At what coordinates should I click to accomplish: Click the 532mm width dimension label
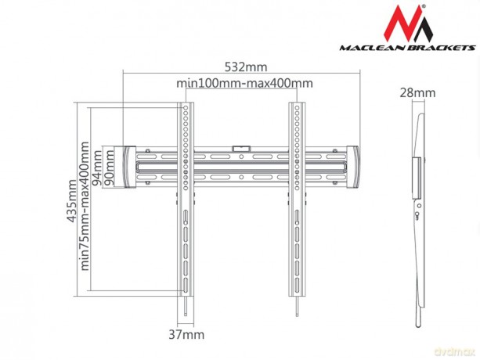[x=246, y=67]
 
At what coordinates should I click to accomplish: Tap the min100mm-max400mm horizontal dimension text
[x=244, y=83]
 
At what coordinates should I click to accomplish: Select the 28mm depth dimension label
[x=417, y=92]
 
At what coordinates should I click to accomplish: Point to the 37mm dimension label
[x=186, y=335]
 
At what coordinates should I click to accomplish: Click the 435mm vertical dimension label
[x=72, y=200]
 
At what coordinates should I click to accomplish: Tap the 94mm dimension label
[x=98, y=168]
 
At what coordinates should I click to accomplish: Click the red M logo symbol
[x=408, y=23]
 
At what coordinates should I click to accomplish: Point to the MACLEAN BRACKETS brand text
[x=407, y=48]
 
